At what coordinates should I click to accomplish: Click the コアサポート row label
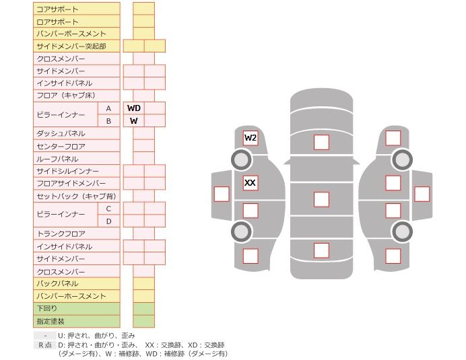click(76, 9)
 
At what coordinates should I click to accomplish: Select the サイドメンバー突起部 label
click(76, 46)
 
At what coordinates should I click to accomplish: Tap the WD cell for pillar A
click(133, 108)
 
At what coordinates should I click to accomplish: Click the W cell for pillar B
click(133, 121)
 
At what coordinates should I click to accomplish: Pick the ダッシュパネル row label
click(76, 133)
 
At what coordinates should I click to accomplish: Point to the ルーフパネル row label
click(76, 159)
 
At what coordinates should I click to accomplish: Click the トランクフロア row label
click(76, 233)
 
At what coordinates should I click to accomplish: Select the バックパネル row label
click(76, 284)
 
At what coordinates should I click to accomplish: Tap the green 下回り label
click(76, 309)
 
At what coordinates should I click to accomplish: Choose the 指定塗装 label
click(76, 322)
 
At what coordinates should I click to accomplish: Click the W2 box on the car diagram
click(251, 138)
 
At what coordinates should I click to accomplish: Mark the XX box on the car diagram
click(251, 182)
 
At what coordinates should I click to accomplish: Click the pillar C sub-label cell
click(108, 209)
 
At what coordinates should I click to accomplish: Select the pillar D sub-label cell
click(108, 221)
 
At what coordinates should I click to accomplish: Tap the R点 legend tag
click(44, 345)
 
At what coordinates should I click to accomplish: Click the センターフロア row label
click(76, 146)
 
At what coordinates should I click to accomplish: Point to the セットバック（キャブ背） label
click(76, 196)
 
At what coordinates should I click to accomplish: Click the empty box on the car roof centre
click(321, 199)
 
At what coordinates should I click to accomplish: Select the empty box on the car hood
click(321, 142)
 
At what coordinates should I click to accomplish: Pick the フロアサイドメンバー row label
click(76, 184)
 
